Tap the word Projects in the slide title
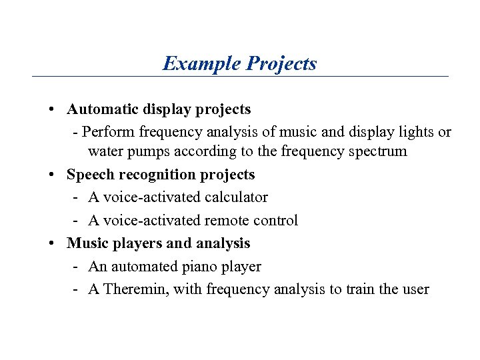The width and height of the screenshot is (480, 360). (x=281, y=64)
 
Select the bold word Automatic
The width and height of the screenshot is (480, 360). (x=101, y=109)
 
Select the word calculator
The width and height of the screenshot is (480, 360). (x=236, y=197)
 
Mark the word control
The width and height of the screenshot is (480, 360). (x=276, y=221)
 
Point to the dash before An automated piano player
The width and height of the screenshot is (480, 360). (x=77, y=267)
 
